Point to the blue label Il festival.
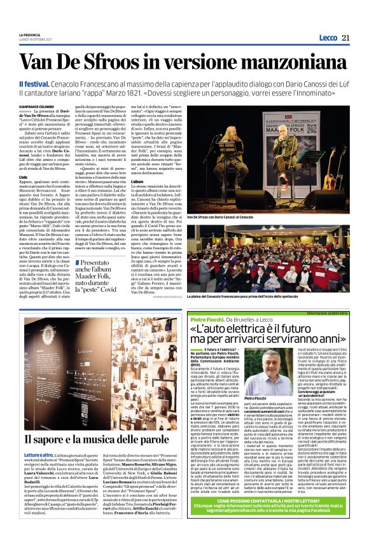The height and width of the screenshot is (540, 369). pyautogui.click(x=30, y=85)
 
